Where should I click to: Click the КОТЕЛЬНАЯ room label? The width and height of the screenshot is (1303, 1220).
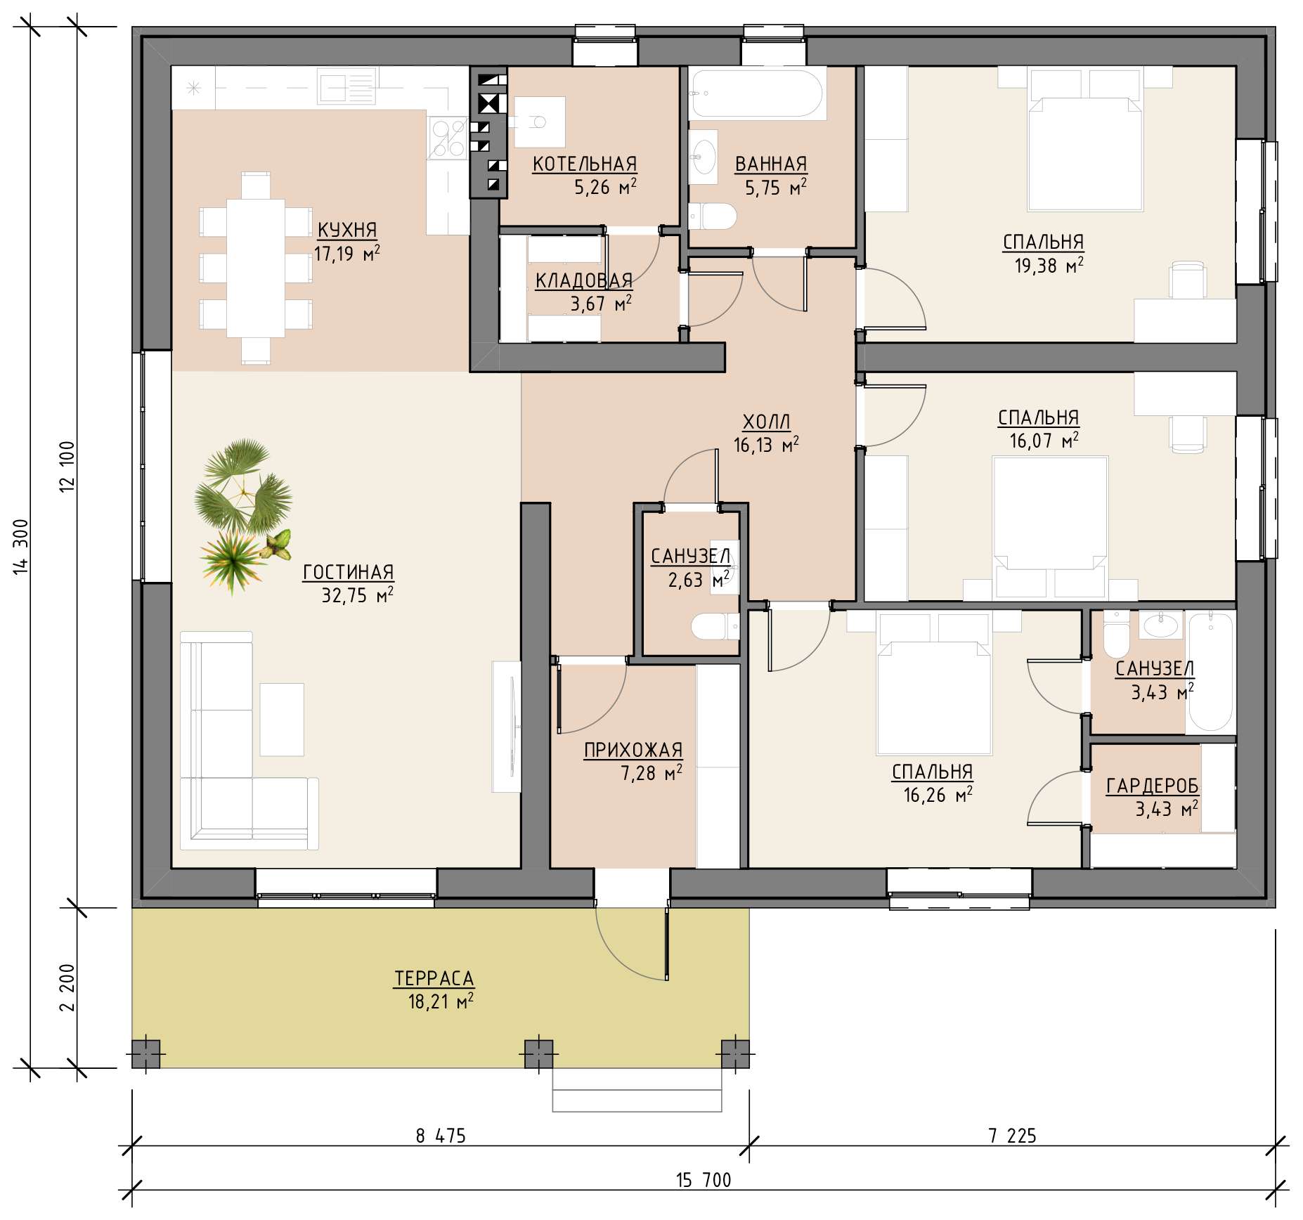pos(585,164)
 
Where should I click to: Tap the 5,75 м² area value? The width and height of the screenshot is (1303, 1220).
pos(775,188)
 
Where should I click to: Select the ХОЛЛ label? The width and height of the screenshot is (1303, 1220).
pos(767,422)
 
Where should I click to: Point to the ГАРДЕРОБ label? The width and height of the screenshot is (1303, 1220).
pos(1153,786)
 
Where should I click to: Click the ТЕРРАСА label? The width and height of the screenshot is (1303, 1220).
pos(434,978)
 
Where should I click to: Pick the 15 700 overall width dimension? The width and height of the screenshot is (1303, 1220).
pos(704,1180)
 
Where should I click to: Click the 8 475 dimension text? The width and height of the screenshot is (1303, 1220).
pos(441,1136)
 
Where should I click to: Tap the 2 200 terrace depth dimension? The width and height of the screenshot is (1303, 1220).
pos(67,987)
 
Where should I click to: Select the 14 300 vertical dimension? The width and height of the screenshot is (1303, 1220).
pos(21,547)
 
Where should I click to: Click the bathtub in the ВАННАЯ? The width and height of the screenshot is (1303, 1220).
pos(757,93)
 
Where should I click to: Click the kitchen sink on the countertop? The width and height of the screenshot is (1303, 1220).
pos(348,86)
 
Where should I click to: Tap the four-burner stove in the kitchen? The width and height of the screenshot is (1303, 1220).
pos(448,138)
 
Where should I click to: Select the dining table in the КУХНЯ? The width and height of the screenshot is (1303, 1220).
pos(256,268)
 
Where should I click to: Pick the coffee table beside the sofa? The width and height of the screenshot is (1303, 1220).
pos(282,719)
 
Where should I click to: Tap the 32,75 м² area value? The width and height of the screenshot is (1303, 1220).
pos(357,595)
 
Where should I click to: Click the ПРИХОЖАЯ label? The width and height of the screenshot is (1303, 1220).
pos(633,750)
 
